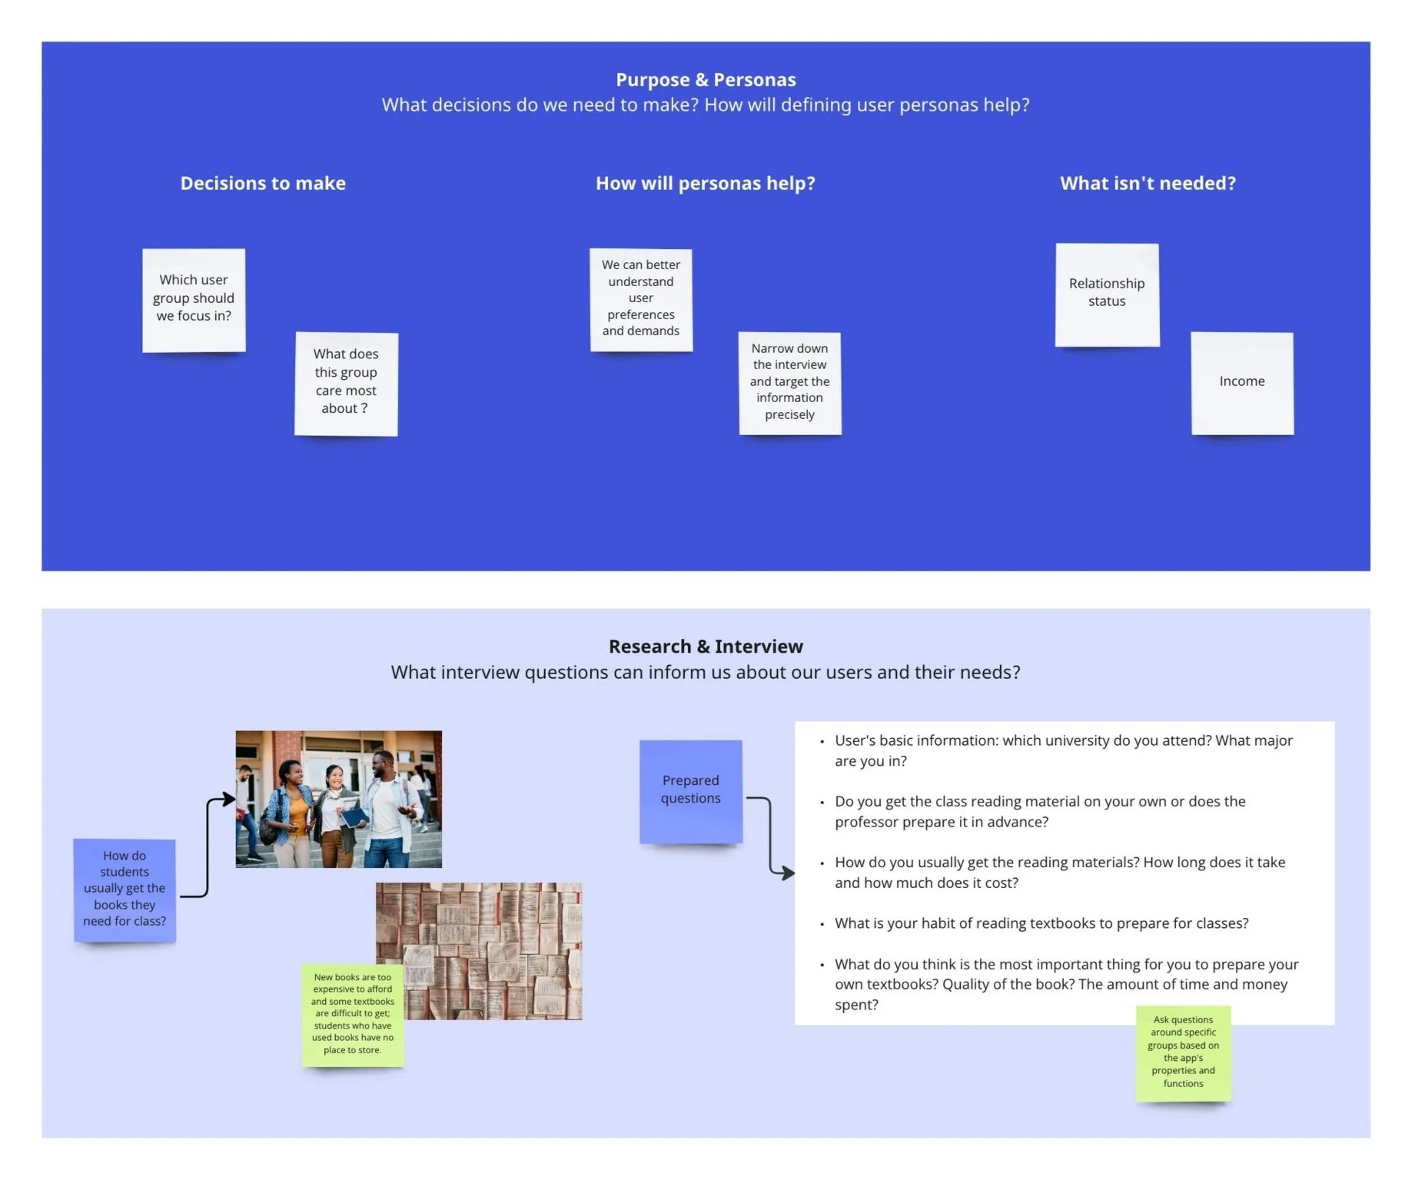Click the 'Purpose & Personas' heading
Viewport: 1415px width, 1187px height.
(706, 80)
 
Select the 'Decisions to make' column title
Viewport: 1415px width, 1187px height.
(263, 183)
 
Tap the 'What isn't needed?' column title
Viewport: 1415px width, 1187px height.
(1148, 183)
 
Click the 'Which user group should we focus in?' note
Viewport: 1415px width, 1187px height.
(194, 299)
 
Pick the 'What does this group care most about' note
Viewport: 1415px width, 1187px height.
(346, 382)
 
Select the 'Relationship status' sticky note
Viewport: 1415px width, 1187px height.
(1107, 294)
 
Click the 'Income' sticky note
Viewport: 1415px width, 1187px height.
(1241, 382)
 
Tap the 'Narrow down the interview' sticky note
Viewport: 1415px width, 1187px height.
(789, 382)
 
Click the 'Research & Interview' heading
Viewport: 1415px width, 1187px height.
(706, 647)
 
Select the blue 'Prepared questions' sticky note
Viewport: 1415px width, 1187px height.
(690, 790)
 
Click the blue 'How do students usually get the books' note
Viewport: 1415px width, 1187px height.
(125, 889)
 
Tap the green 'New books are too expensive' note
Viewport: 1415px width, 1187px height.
(353, 1014)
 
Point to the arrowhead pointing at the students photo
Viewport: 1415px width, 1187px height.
(228, 800)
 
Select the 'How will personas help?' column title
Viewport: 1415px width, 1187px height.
(705, 183)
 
